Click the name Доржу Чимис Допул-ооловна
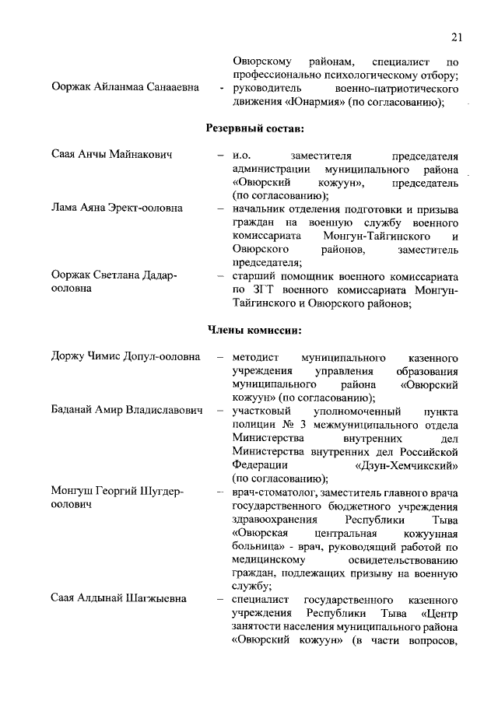[x=124, y=357]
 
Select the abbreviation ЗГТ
[x=258, y=289]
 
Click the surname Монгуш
[x=73, y=492]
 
